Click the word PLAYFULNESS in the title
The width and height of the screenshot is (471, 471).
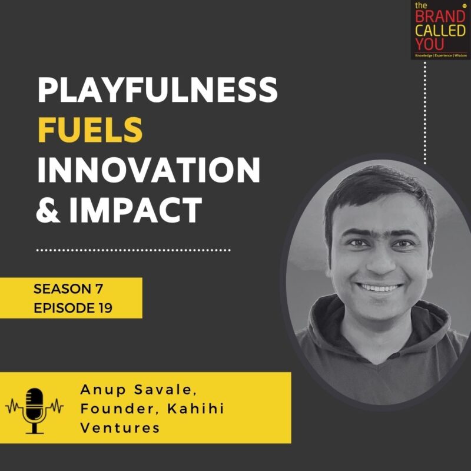[x=157, y=90]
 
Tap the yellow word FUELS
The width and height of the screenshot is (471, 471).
[x=90, y=130]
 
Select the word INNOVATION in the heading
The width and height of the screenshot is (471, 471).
[x=149, y=170]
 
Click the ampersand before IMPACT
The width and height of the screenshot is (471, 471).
[x=48, y=210]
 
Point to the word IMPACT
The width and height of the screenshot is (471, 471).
[x=135, y=210]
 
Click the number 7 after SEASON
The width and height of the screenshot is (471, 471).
[x=98, y=289]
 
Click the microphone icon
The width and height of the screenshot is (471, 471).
[x=35, y=410]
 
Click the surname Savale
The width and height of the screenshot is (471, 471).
[x=165, y=390]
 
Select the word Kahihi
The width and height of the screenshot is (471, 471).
[x=195, y=409]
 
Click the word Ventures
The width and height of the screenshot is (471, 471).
[x=120, y=428]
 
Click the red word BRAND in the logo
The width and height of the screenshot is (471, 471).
[x=440, y=17]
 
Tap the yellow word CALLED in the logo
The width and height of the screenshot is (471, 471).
[x=440, y=31]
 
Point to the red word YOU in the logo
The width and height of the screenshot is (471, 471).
[x=430, y=44]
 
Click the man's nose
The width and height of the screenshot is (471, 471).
[x=381, y=261]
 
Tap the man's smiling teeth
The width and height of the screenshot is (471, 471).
[x=380, y=288]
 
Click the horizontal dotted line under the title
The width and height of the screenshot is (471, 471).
[x=134, y=250]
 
